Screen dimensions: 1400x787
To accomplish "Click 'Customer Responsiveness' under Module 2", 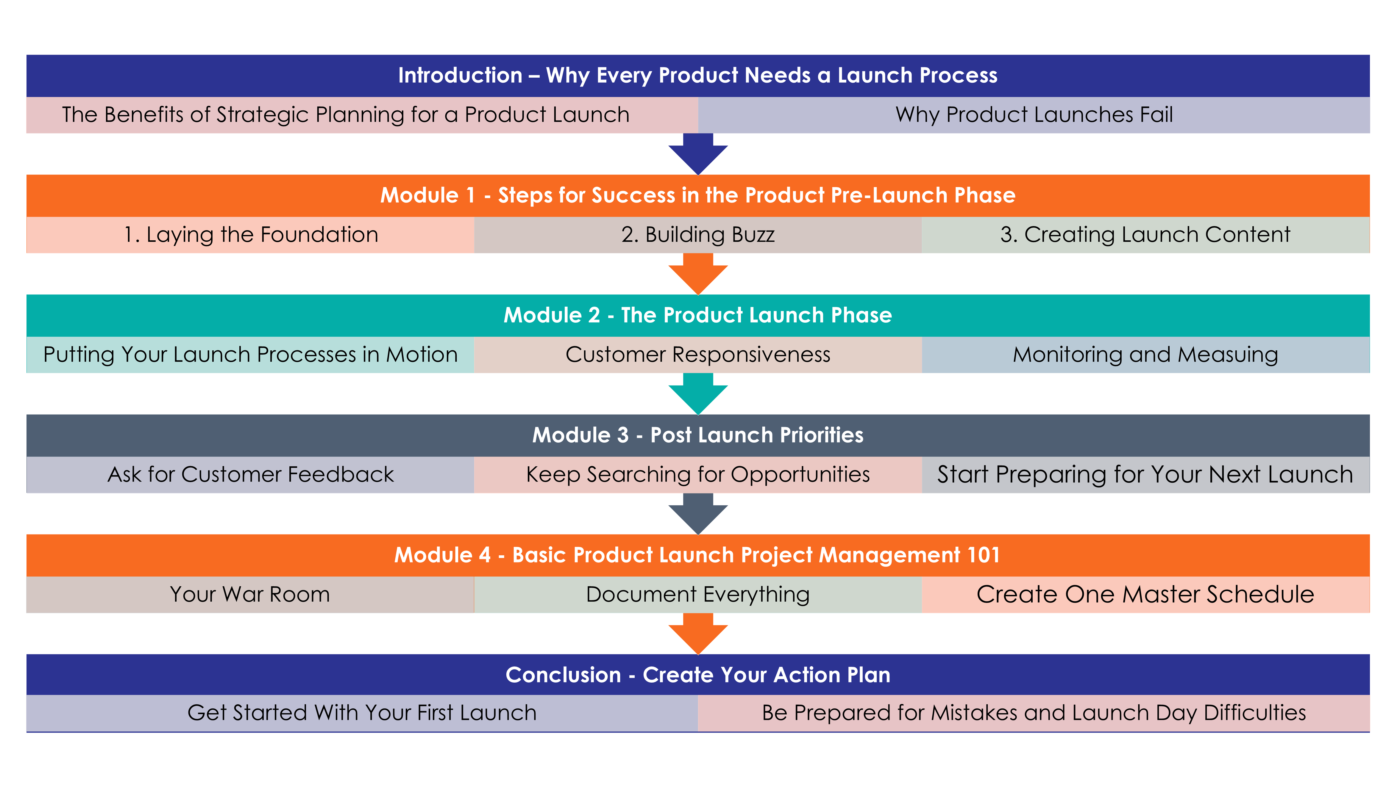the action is coord(698,355).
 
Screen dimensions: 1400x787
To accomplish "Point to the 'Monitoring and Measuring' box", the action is coord(1146,355).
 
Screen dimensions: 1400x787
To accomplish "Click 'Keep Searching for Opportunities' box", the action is coord(698,475).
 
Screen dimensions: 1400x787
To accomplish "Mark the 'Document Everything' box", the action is coord(698,595).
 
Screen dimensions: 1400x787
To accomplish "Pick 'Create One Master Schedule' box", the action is coord(1146,595).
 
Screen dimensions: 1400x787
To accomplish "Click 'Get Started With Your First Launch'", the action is coord(362,713).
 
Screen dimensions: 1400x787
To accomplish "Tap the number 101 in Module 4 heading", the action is coord(984,555).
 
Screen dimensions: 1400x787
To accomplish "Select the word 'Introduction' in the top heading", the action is coord(460,76).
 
